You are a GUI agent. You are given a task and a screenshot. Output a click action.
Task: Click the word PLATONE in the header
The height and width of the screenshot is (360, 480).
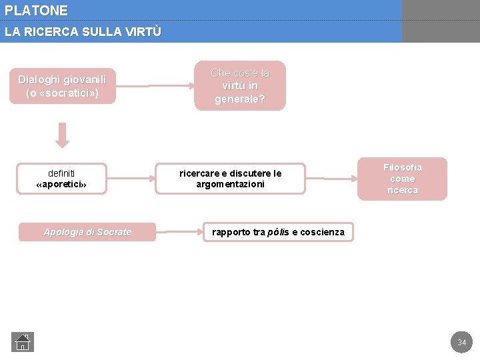click(36, 11)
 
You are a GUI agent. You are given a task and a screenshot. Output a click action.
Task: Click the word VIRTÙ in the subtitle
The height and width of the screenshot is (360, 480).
click(145, 31)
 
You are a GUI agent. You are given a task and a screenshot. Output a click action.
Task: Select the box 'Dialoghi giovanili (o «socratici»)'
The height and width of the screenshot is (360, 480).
click(62, 86)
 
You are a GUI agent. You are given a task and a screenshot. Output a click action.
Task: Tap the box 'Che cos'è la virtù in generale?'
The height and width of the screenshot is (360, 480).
click(240, 86)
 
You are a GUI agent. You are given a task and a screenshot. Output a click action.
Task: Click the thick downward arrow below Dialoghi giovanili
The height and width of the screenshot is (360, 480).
click(62, 135)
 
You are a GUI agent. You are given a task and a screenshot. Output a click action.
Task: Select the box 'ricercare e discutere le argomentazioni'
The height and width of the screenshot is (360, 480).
click(230, 179)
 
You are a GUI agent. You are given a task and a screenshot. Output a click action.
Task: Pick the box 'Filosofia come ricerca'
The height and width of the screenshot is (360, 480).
click(402, 179)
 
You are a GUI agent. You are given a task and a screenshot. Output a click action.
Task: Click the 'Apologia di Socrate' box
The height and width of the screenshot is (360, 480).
click(87, 232)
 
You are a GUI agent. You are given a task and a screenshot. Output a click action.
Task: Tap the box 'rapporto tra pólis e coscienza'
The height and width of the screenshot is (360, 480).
click(278, 232)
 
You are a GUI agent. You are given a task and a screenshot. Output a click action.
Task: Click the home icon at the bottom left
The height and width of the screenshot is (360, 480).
click(23, 342)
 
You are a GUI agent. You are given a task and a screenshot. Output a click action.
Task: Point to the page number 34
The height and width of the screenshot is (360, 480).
click(461, 343)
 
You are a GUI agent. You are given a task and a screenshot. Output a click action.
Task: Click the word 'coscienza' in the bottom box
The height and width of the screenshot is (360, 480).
click(323, 232)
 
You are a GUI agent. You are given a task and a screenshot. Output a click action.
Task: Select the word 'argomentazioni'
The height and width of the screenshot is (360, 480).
click(230, 184)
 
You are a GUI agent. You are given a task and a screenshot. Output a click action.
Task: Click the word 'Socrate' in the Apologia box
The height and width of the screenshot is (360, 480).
click(114, 232)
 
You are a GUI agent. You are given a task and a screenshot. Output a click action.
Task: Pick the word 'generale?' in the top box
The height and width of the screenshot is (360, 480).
click(239, 99)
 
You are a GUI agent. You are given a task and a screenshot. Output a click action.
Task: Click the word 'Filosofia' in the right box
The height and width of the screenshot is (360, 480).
click(402, 167)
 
